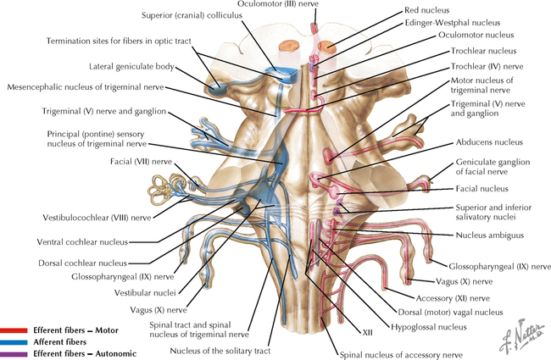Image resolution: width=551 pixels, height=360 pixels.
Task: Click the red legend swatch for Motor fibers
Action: (x=14, y=330)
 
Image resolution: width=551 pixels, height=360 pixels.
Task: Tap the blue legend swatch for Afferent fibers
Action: (x=14, y=341)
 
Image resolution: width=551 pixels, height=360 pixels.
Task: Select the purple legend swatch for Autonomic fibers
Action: (x=14, y=352)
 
